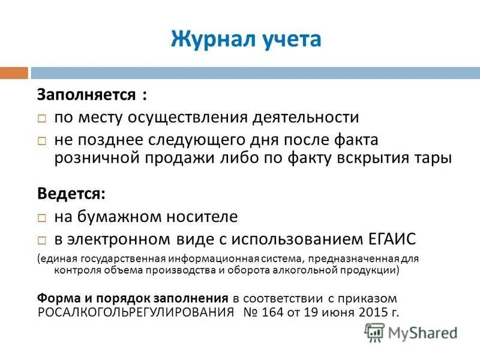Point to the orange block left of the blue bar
14,73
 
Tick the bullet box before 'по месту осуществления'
43,118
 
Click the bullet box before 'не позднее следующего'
43,140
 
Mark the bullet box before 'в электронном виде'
43,239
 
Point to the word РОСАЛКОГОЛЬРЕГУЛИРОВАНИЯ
136,312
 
